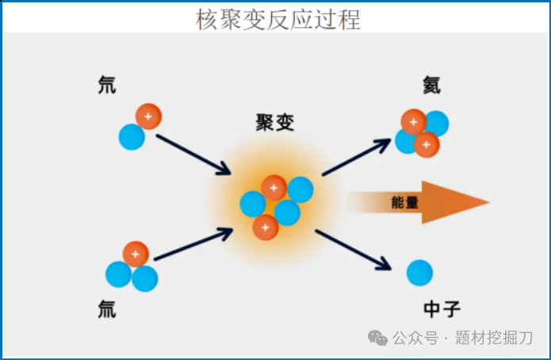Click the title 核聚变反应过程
[x=278, y=20]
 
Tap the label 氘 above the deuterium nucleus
[x=106, y=85]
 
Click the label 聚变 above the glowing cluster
[x=275, y=124]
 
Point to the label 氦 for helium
[x=433, y=85]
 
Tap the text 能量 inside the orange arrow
[x=405, y=203]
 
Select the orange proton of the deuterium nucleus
[x=148, y=117]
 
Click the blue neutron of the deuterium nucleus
[x=132, y=137]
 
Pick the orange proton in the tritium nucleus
[x=136, y=255]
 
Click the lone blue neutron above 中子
[x=419, y=273]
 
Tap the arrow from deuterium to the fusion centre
[x=193, y=154]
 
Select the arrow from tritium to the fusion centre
[x=193, y=245]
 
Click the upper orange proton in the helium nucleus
[x=413, y=122]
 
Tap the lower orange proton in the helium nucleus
[x=427, y=144]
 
